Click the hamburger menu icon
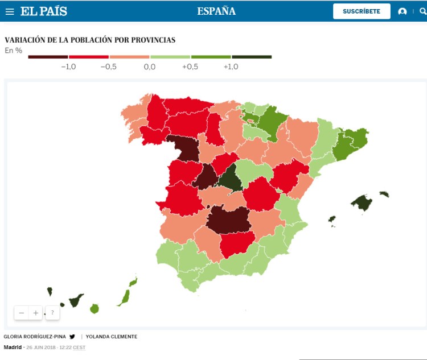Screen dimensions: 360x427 (10, 11)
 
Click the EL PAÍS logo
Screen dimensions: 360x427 (44, 11)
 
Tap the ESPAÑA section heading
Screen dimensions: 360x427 (216, 11)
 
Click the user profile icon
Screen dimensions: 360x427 (403, 11)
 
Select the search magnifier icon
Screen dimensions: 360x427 (421, 11)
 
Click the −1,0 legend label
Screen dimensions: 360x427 (68, 67)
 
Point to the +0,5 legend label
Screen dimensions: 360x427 (190, 67)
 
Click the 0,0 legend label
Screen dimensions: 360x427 (150, 67)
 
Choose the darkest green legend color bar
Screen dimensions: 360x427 (252, 57)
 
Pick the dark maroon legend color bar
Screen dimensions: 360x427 (48, 57)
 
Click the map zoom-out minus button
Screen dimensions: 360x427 (22, 313)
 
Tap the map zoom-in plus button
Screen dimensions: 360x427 (35, 313)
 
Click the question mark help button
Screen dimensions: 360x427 (52, 313)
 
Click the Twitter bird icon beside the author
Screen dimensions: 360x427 (72, 337)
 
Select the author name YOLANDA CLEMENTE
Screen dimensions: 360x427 (112, 337)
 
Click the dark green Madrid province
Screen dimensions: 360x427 (228, 179)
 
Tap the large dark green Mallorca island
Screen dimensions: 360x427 (362, 202)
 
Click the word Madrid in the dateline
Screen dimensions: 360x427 (13, 347)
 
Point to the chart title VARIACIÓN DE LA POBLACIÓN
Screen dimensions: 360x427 (90, 40)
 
